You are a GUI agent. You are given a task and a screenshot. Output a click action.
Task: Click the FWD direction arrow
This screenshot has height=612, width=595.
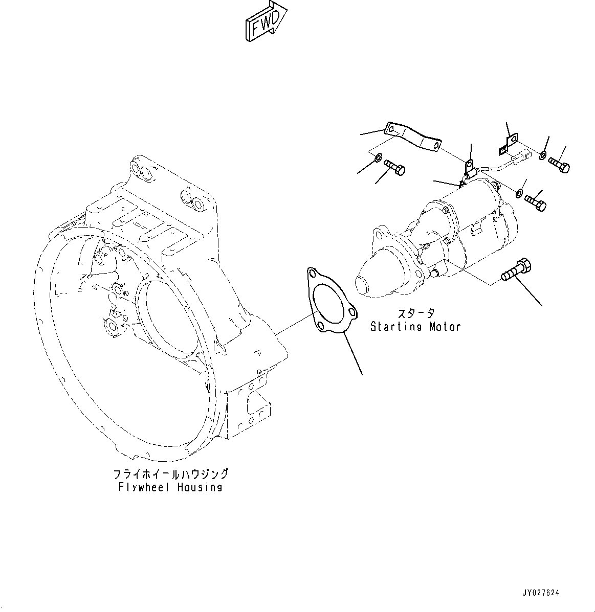[265, 21]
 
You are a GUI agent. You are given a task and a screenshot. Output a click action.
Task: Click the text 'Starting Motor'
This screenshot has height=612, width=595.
[415, 326]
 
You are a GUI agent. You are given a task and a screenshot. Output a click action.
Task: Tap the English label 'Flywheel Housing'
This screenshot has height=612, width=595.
[170, 487]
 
